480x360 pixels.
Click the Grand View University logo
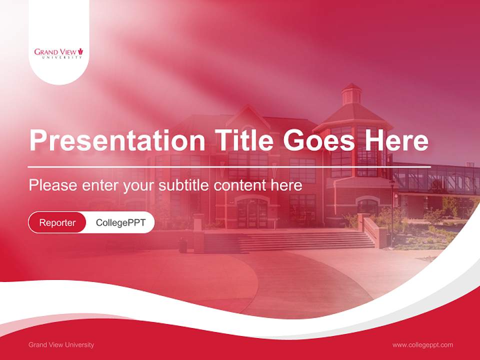tap(58, 53)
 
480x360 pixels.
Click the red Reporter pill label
tap(57, 222)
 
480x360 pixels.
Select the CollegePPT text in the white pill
tap(120, 222)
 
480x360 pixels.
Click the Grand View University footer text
tap(61, 344)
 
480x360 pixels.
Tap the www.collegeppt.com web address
tap(422, 344)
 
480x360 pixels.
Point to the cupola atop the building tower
tap(351, 93)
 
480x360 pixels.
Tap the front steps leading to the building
tap(305, 241)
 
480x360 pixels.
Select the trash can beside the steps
tap(183, 245)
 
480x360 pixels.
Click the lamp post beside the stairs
tap(392, 210)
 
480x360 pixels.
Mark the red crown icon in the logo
tap(80, 51)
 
